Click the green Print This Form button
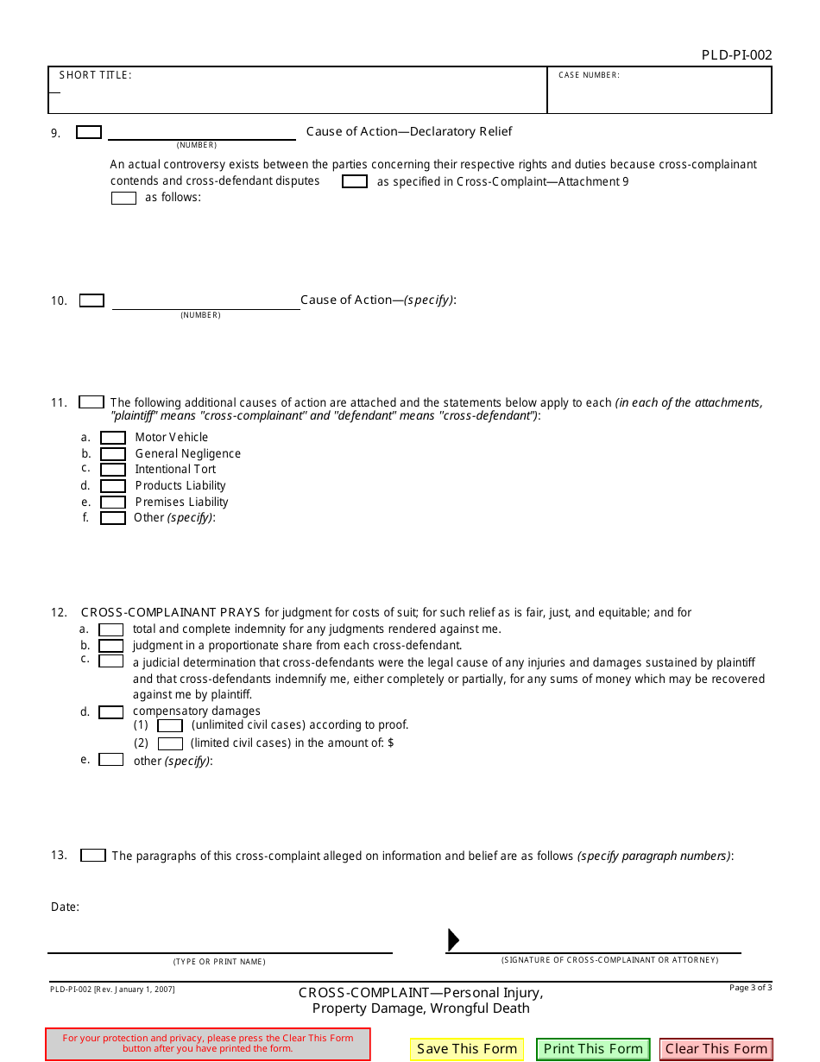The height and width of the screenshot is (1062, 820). pos(593,1049)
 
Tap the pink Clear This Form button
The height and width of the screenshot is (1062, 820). pos(716,1049)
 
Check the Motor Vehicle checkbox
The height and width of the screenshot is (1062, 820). pos(113,438)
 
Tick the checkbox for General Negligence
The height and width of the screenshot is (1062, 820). pos(113,454)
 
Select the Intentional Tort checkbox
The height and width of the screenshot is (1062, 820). pos(113,470)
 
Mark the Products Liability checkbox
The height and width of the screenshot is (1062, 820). pos(113,486)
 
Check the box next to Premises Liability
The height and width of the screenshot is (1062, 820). pos(113,503)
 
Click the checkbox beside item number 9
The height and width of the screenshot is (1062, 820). pos(89,132)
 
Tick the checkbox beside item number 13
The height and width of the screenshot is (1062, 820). pos(93,856)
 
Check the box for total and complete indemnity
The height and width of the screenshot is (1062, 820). pos(110,629)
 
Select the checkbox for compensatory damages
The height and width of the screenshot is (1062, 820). pos(110,712)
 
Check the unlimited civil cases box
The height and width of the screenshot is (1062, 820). pos(170,726)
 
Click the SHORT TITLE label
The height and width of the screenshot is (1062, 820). pos(95,75)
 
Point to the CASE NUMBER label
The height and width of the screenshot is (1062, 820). pos(589,75)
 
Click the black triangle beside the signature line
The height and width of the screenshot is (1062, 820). pos(453,939)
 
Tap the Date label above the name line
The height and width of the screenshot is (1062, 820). pos(65,907)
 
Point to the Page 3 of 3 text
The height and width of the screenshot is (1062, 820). pos(750,987)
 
